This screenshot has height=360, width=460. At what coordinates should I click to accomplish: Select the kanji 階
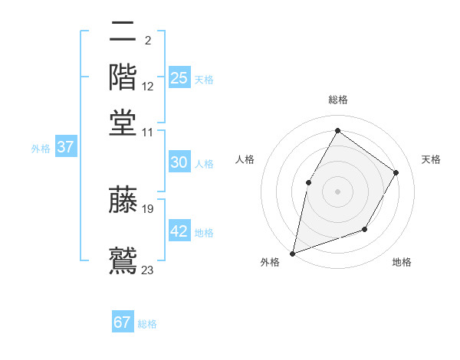(123, 77)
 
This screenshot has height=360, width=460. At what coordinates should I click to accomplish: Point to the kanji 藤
(123, 201)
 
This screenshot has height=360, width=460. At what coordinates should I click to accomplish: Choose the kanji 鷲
(123, 259)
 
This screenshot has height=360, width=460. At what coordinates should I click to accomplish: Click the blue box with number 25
(179, 77)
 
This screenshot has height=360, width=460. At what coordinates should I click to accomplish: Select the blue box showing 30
(179, 162)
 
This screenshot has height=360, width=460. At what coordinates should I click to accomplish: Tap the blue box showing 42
(179, 231)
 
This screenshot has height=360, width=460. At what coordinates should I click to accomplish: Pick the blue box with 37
(65, 147)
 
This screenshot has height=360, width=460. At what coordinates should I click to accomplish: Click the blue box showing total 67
(123, 322)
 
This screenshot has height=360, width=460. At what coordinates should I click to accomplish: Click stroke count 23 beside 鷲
(148, 269)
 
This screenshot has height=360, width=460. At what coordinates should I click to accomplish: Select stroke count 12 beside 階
(148, 87)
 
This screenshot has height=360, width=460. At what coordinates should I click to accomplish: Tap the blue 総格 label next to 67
(147, 324)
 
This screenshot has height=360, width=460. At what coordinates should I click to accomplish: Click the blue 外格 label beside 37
(41, 149)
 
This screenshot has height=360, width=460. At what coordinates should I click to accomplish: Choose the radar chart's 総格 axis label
(337, 100)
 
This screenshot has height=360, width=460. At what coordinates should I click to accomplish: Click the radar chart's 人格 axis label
(245, 159)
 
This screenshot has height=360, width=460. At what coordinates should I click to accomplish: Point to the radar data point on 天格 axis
(396, 172)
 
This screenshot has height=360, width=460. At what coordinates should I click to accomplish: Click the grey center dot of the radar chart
(337, 191)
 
